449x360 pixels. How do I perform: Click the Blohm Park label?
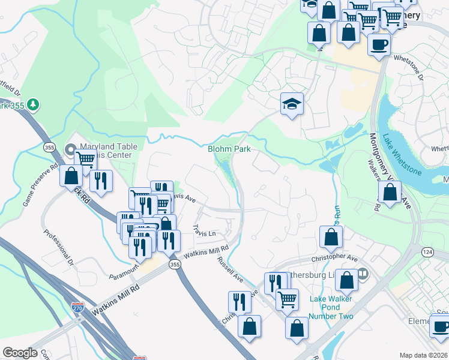point(229,149)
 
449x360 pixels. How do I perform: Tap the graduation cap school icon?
point(292,104)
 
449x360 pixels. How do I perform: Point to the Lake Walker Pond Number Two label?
point(331,307)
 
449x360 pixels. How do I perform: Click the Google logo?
point(20,353)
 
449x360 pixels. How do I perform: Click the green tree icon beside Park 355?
point(34,105)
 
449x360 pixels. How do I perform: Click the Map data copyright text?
point(423,355)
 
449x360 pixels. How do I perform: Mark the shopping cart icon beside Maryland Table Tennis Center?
point(86,160)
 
